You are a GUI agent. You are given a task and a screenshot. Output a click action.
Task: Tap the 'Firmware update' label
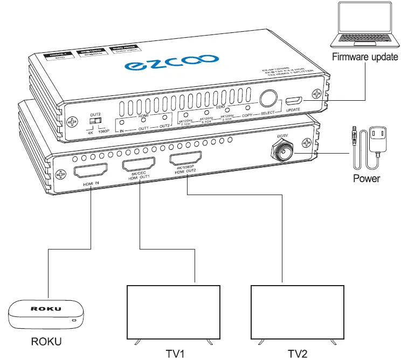coord(365,57)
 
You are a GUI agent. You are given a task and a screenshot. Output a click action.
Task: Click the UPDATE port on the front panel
coord(294,101)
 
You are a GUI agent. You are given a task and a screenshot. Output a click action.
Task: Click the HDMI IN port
coord(92,173)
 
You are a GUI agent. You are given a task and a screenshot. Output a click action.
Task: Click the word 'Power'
coord(366,178)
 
